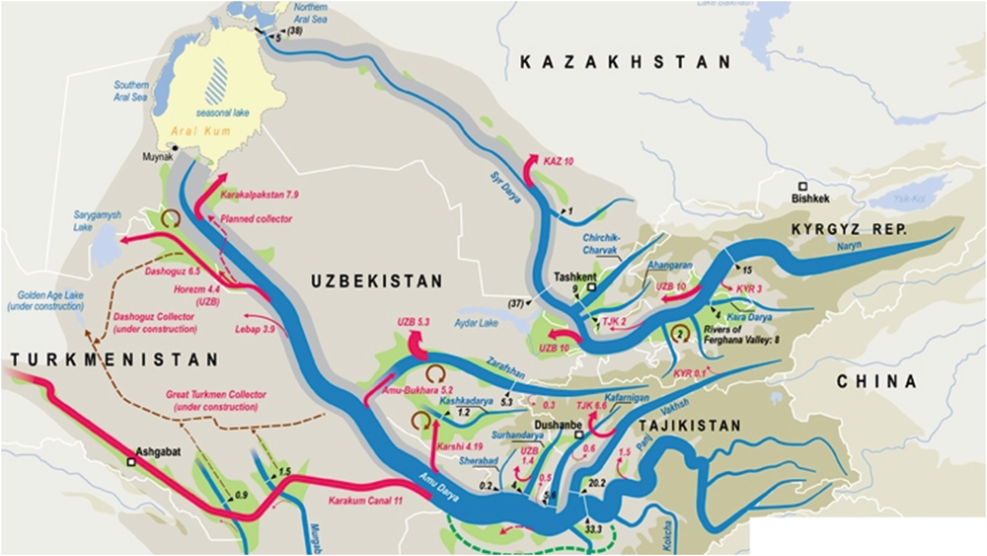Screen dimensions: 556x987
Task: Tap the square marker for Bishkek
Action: coord(804,186)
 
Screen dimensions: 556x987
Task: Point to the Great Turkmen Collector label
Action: coord(212,402)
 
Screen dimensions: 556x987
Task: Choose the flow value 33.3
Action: coord(593,530)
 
